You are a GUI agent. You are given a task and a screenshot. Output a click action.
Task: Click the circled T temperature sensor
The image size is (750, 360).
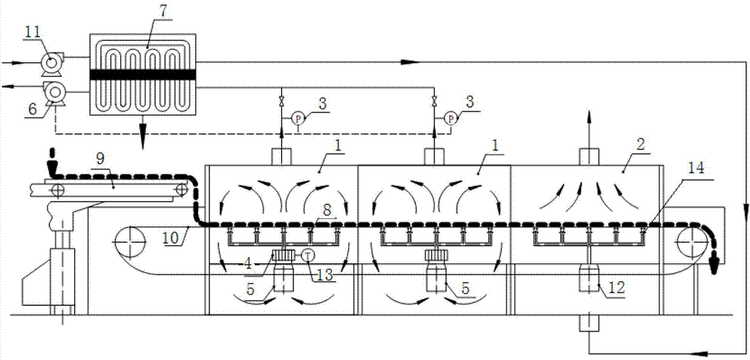click(x=307, y=256)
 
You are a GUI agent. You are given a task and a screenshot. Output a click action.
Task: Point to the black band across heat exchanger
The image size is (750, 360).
click(x=142, y=75)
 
